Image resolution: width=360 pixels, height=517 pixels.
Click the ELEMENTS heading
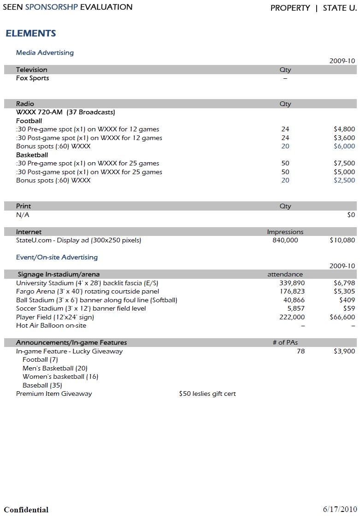31,34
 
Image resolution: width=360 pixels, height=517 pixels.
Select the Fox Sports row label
32,78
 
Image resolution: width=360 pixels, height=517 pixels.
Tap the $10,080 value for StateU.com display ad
342,241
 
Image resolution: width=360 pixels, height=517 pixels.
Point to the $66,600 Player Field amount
342,317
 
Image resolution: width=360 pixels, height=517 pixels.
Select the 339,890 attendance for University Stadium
292,283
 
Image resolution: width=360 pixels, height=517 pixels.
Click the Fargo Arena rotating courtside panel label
88,292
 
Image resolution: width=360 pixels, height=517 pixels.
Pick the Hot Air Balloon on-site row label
51,326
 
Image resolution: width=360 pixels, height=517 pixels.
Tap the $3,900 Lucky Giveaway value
344,352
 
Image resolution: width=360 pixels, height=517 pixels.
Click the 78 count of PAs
301,352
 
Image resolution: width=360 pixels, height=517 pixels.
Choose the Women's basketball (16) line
60,377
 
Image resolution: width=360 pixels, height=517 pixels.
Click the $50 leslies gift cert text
207,394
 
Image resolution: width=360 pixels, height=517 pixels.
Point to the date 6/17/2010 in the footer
339,509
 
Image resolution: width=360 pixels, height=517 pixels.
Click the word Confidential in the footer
26,510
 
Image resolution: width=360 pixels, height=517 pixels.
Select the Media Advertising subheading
45,53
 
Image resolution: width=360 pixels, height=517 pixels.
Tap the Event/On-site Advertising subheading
57,258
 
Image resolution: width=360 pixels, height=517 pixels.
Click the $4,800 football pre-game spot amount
344,129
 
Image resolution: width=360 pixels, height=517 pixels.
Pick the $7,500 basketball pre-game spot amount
344,164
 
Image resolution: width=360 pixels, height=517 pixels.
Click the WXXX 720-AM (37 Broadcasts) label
65,112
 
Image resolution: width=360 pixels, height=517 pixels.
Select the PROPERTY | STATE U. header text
313,8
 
